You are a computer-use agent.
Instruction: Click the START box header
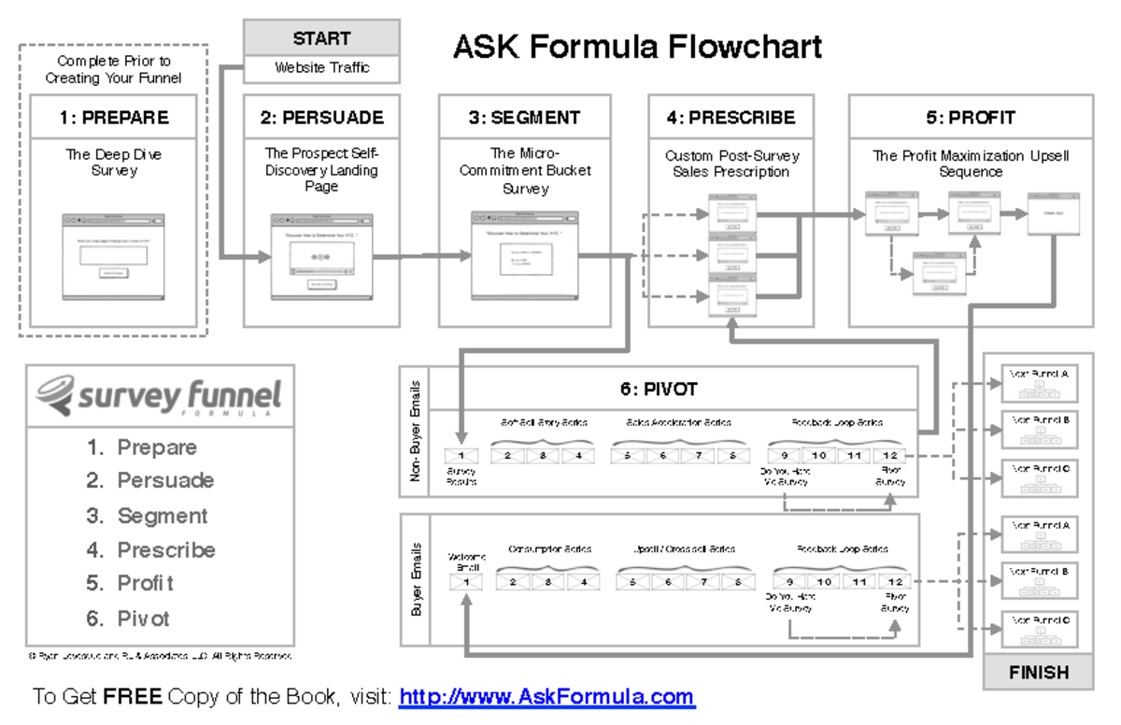[321, 38]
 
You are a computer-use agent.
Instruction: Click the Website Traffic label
[321, 68]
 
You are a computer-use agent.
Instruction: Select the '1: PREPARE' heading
[113, 118]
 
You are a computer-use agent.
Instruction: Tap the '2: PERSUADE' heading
[321, 118]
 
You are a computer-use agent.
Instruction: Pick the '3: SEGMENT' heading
[524, 118]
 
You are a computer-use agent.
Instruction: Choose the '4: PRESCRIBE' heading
[731, 118]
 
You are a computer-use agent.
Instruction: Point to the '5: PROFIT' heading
[970, 118]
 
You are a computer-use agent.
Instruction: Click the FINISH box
[1038, 673]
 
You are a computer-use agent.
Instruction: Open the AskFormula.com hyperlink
[546, 697]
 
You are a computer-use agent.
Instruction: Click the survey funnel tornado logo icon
[55, 393]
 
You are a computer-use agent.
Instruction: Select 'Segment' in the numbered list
[162, 516]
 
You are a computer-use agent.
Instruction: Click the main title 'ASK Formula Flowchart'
[637, 47]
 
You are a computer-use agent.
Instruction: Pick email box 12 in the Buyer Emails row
[895, 582]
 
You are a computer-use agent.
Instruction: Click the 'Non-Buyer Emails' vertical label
[416, 431]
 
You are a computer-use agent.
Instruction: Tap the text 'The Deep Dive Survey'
[113, 163]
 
